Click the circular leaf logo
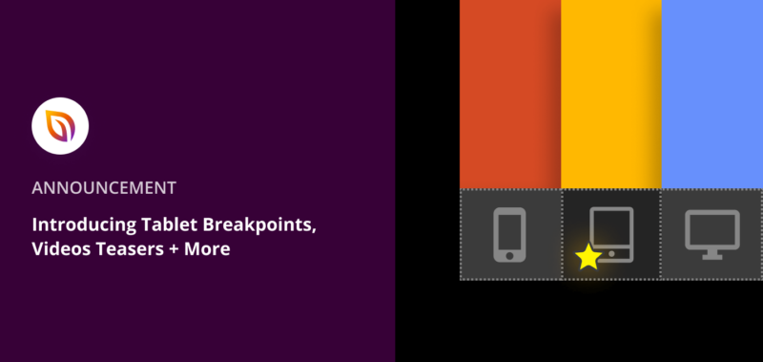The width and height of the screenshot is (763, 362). (x=60, y=126)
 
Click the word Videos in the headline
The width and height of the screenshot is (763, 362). (x=60, y=248)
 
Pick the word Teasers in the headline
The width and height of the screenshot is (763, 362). (x=130, y=248)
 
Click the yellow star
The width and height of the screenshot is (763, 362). (x=588, y=257)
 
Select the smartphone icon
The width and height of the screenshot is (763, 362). (x=510, y=235)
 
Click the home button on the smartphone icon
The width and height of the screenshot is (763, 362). (x=510, y=254)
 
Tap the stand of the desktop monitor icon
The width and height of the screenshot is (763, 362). (x=711, y=253)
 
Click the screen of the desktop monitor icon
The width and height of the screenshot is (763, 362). (x=711, y=227)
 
